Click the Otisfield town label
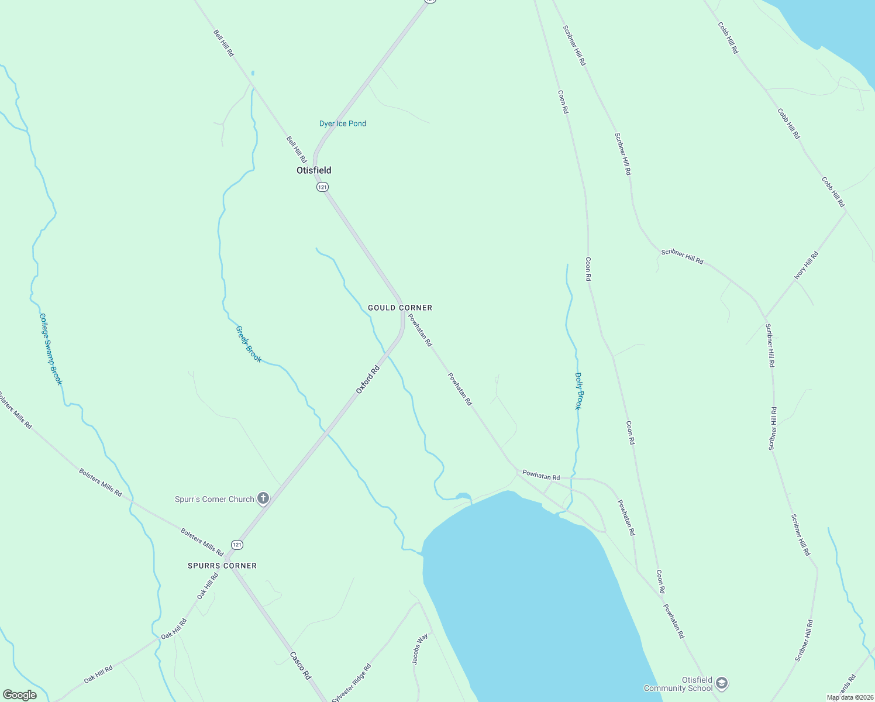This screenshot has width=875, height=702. click(x=314, y=170)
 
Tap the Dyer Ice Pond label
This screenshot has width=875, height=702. click(x=343, y=123)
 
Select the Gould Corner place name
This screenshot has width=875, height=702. click(x=400, y=308)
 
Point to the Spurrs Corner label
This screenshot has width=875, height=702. click(x=222, y=566)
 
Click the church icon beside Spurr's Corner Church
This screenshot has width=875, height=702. click(x=263, y=498)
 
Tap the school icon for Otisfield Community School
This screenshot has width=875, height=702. click(x=722, y=683)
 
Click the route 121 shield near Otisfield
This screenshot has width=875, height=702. click(x=322, y=187)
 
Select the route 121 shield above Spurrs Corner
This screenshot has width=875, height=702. click(x=236, y=545)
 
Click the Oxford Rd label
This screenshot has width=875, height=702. click(x=368, y=379)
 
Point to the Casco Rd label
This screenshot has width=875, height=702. click(x=301, y=666)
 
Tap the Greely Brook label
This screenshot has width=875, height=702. click(x=249, y=344)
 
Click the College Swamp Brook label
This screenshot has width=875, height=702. click(x=50, y=349)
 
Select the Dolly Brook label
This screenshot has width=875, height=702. click(x=578, y=391)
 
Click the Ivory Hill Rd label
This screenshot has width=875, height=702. click(x=807, y=265)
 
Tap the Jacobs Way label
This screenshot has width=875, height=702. click(x=420, y=649)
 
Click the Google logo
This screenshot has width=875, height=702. click(x=19, y=695)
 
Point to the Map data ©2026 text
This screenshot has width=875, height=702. click(x=849, y=697)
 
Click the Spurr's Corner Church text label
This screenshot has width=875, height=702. click(x=215, y=499)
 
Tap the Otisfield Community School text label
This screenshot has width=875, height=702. click(x=678, y=684)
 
